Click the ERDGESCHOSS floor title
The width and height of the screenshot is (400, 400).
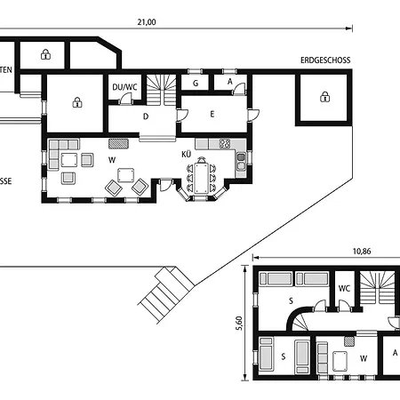point(326,60)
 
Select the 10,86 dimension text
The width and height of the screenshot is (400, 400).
point(362,252)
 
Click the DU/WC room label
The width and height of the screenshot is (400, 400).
point(124,87)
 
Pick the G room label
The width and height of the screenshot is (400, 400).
point(195,83)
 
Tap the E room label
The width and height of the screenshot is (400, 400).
point(212,114)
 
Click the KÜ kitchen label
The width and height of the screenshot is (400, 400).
point(187,155)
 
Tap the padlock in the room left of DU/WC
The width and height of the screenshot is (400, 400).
point(77,101)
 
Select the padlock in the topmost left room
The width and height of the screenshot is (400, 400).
point(45,54)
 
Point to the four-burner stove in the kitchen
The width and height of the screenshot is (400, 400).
point(225,143)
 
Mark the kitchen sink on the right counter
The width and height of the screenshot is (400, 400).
point(241,161)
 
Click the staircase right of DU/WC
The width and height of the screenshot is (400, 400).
point(162,85)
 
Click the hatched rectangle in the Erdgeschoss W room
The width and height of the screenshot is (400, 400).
point(119,142)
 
